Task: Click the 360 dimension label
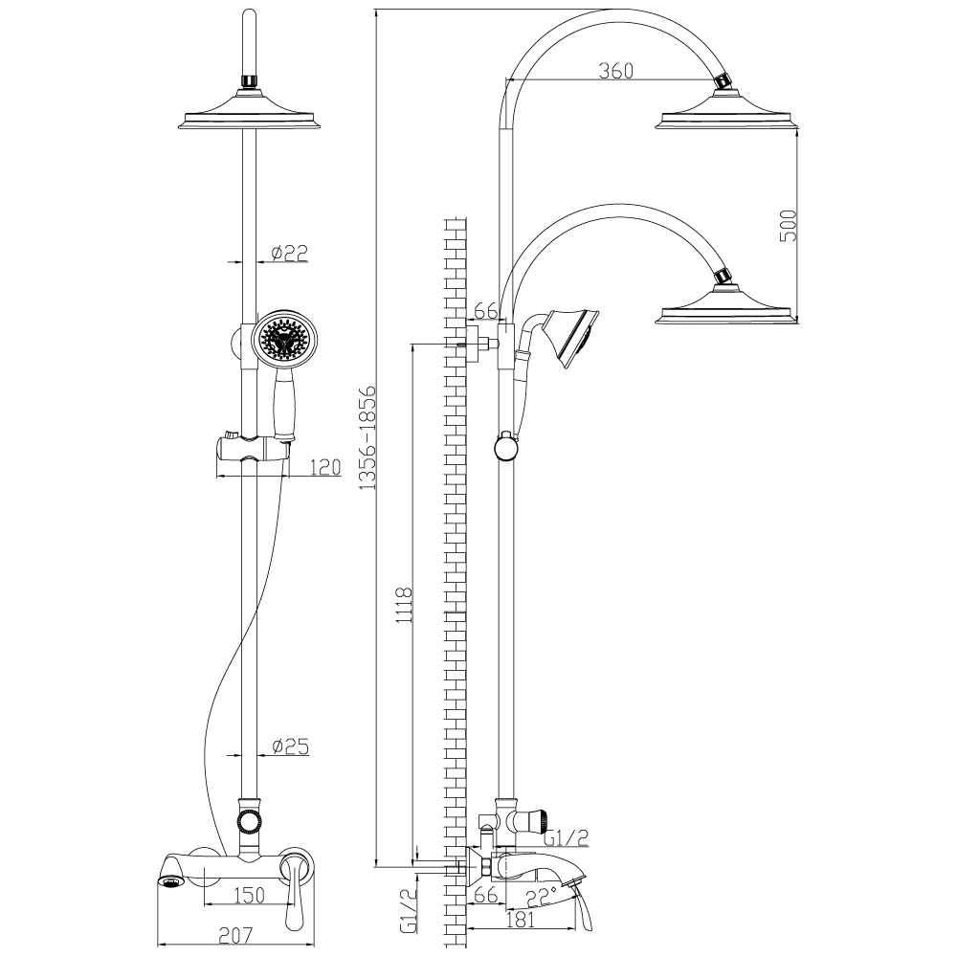[x=616, y=71]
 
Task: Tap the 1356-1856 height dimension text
[x=367, y=439]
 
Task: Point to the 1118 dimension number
[x=405, y=605]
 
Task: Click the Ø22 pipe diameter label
[x=289, y=253]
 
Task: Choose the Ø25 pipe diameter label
[x=289, y=746]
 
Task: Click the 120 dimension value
[x=326, y=467]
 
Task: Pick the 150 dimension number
[x=249, y=895]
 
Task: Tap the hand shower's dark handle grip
[x=282, y=407]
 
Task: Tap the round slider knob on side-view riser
[x=505, y=446]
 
